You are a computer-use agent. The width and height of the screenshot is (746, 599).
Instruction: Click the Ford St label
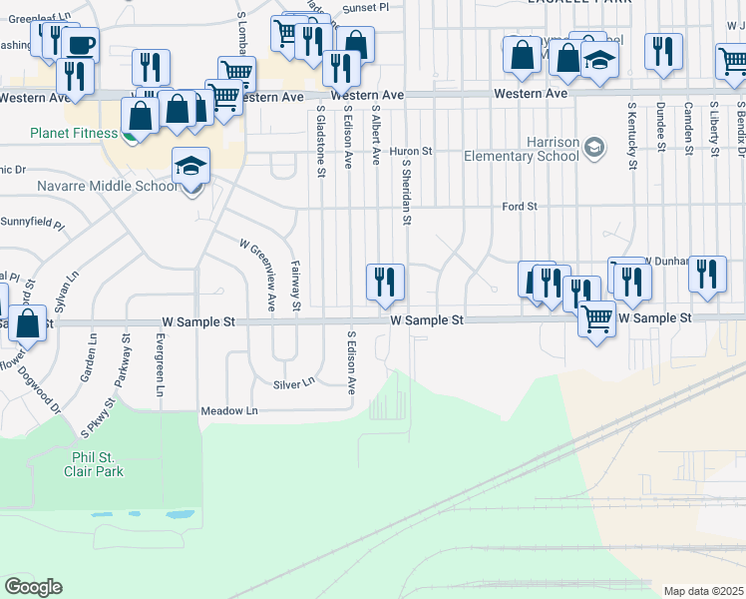[520, 207]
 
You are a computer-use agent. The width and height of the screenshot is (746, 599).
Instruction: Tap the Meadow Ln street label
[229, 411]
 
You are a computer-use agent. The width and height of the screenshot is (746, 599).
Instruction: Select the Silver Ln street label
[293, 382]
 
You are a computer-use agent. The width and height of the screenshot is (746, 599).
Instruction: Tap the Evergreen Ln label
[160, 364]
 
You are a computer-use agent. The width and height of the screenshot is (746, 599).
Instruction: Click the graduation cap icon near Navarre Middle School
[191, 166]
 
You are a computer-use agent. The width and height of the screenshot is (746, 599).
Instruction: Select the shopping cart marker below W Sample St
[596, 320]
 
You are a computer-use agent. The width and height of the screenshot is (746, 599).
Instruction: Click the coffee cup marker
[80, 45]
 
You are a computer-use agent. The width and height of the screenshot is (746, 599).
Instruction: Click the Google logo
[33, 587]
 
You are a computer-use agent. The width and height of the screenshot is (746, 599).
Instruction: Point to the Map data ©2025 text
[703, 591]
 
